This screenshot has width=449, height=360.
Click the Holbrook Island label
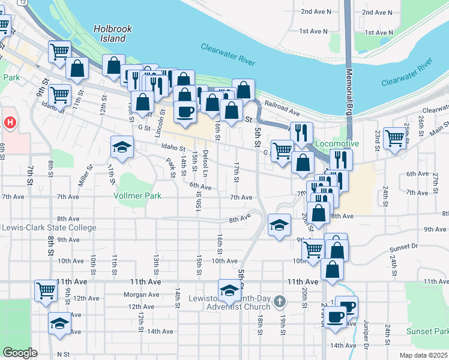tap(110, 34)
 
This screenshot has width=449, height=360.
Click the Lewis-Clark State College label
tap(49, 228)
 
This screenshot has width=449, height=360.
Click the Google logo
tap(19, 353)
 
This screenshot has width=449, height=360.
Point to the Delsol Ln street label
tap(205, 160)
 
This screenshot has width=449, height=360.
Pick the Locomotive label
tap(337, 144)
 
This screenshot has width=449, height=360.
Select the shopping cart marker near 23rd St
tap(395, 137)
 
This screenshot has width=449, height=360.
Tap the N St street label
tap(63, 354)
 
